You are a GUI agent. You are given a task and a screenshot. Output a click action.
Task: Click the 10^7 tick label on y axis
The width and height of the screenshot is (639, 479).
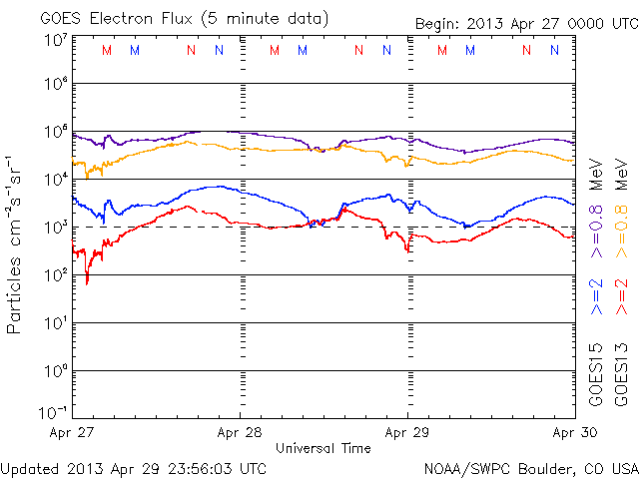pos(55,40)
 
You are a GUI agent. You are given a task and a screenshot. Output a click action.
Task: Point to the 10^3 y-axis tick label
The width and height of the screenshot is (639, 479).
pos(55,228)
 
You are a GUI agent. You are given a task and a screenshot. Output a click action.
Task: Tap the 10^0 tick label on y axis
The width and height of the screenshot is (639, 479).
pos(55,371)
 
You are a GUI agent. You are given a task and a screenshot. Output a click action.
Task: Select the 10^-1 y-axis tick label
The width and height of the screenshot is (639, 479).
pos(53,412)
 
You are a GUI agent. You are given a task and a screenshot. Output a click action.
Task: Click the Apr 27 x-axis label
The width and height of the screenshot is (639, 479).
pos(71,433)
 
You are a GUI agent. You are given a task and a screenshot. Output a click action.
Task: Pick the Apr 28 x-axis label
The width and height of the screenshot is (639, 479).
pos(241,433)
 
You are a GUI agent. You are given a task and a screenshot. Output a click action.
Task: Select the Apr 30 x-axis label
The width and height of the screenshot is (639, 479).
pos(574,433)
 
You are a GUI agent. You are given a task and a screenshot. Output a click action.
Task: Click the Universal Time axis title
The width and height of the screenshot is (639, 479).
pos(322,448)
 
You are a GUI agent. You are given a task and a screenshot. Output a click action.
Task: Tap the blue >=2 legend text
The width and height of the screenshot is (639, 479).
pos(598,297)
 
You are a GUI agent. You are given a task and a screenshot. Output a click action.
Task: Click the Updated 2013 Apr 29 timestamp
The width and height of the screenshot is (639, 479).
pos(134,467)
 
